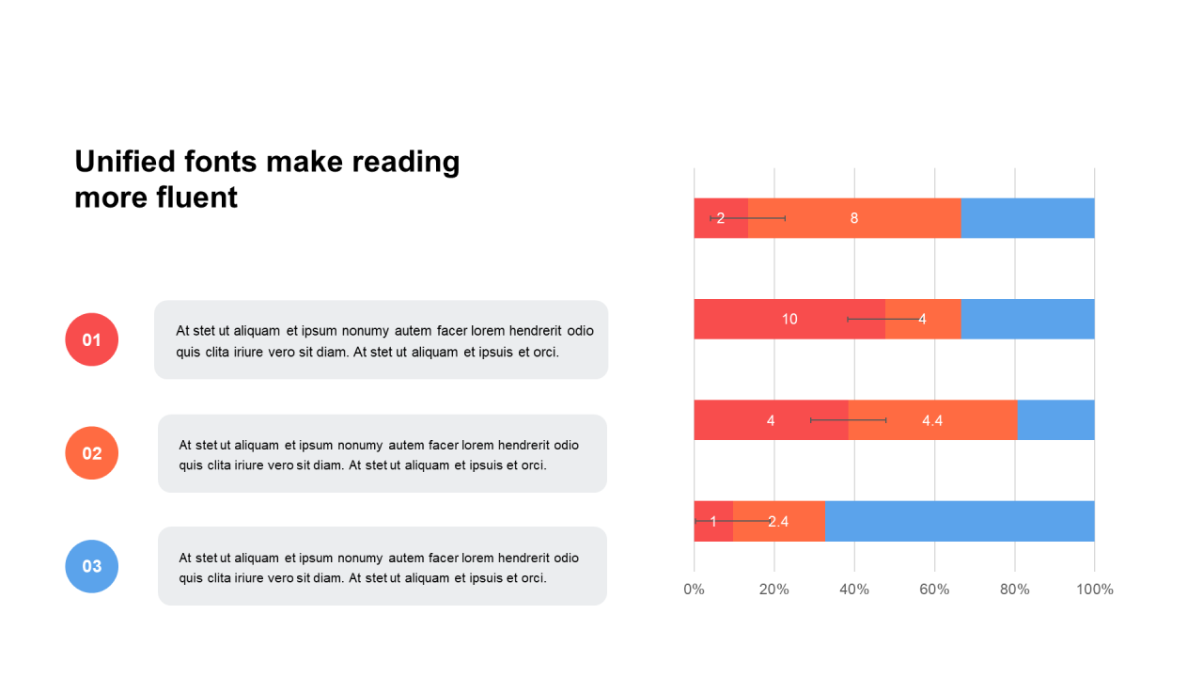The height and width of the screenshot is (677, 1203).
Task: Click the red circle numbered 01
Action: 91,339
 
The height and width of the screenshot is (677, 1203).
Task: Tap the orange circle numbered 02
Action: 91,453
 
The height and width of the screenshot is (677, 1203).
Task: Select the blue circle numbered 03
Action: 91,566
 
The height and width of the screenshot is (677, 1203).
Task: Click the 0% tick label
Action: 694,590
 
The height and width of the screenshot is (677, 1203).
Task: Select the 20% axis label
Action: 773,590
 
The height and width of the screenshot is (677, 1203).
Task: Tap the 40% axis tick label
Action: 853,590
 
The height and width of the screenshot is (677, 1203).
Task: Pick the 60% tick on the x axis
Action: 934,590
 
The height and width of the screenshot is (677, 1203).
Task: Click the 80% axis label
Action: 1014,590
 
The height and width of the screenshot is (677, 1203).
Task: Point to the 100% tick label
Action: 1094,590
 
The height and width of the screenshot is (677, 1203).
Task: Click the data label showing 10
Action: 789,320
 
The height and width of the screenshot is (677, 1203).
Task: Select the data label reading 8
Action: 854,218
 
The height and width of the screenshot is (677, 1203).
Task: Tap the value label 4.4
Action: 932,420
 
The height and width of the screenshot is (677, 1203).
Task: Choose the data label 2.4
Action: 778,522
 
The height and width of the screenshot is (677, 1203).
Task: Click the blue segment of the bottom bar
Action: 959,521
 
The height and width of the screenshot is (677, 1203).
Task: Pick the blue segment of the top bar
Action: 1028,218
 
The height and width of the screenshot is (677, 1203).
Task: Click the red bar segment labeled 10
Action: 752,320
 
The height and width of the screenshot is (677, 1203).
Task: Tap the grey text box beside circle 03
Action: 383,566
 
